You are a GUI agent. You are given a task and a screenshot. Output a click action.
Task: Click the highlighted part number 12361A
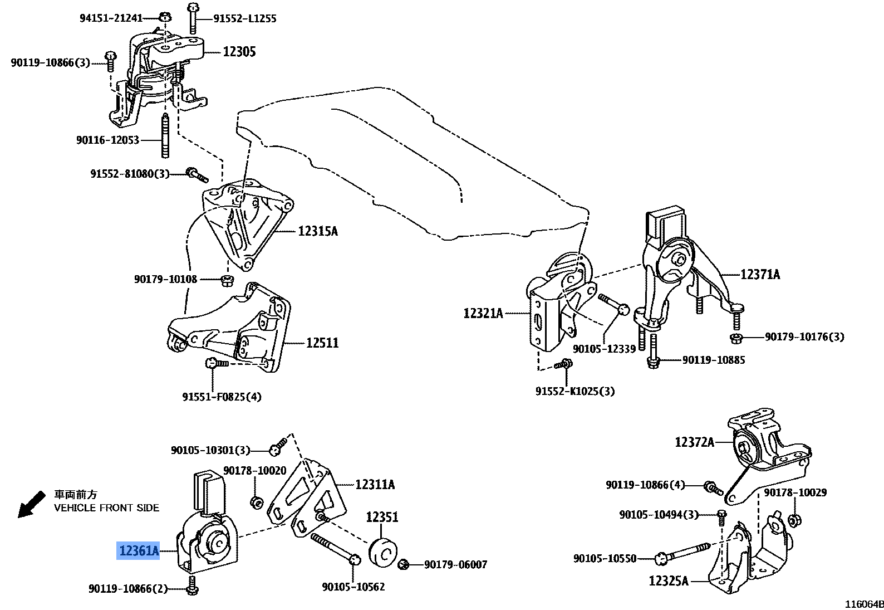(138, 550)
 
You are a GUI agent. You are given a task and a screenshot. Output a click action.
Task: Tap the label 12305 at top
(239, 52)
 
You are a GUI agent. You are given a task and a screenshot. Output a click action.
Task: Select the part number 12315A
(317, 231)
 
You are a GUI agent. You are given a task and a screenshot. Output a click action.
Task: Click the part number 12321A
(483, 313)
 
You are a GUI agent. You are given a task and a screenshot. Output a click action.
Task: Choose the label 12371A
(760, 274)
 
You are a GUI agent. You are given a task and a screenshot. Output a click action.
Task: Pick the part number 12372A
(694, 442)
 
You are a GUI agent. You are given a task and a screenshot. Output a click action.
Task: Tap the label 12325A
(668, 581)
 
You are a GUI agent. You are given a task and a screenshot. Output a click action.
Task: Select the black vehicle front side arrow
(31, 504)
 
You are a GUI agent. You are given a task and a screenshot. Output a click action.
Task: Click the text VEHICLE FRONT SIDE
(106, 507)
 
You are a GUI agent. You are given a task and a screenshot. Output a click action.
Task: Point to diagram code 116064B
(864, 604)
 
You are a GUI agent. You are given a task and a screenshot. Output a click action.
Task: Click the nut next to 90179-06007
(405, 565)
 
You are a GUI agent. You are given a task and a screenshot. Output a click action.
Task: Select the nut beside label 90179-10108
(227, 279)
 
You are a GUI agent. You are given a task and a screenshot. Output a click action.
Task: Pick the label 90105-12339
(604, 349)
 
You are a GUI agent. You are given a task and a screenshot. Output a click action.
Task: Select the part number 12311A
(375, 484)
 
